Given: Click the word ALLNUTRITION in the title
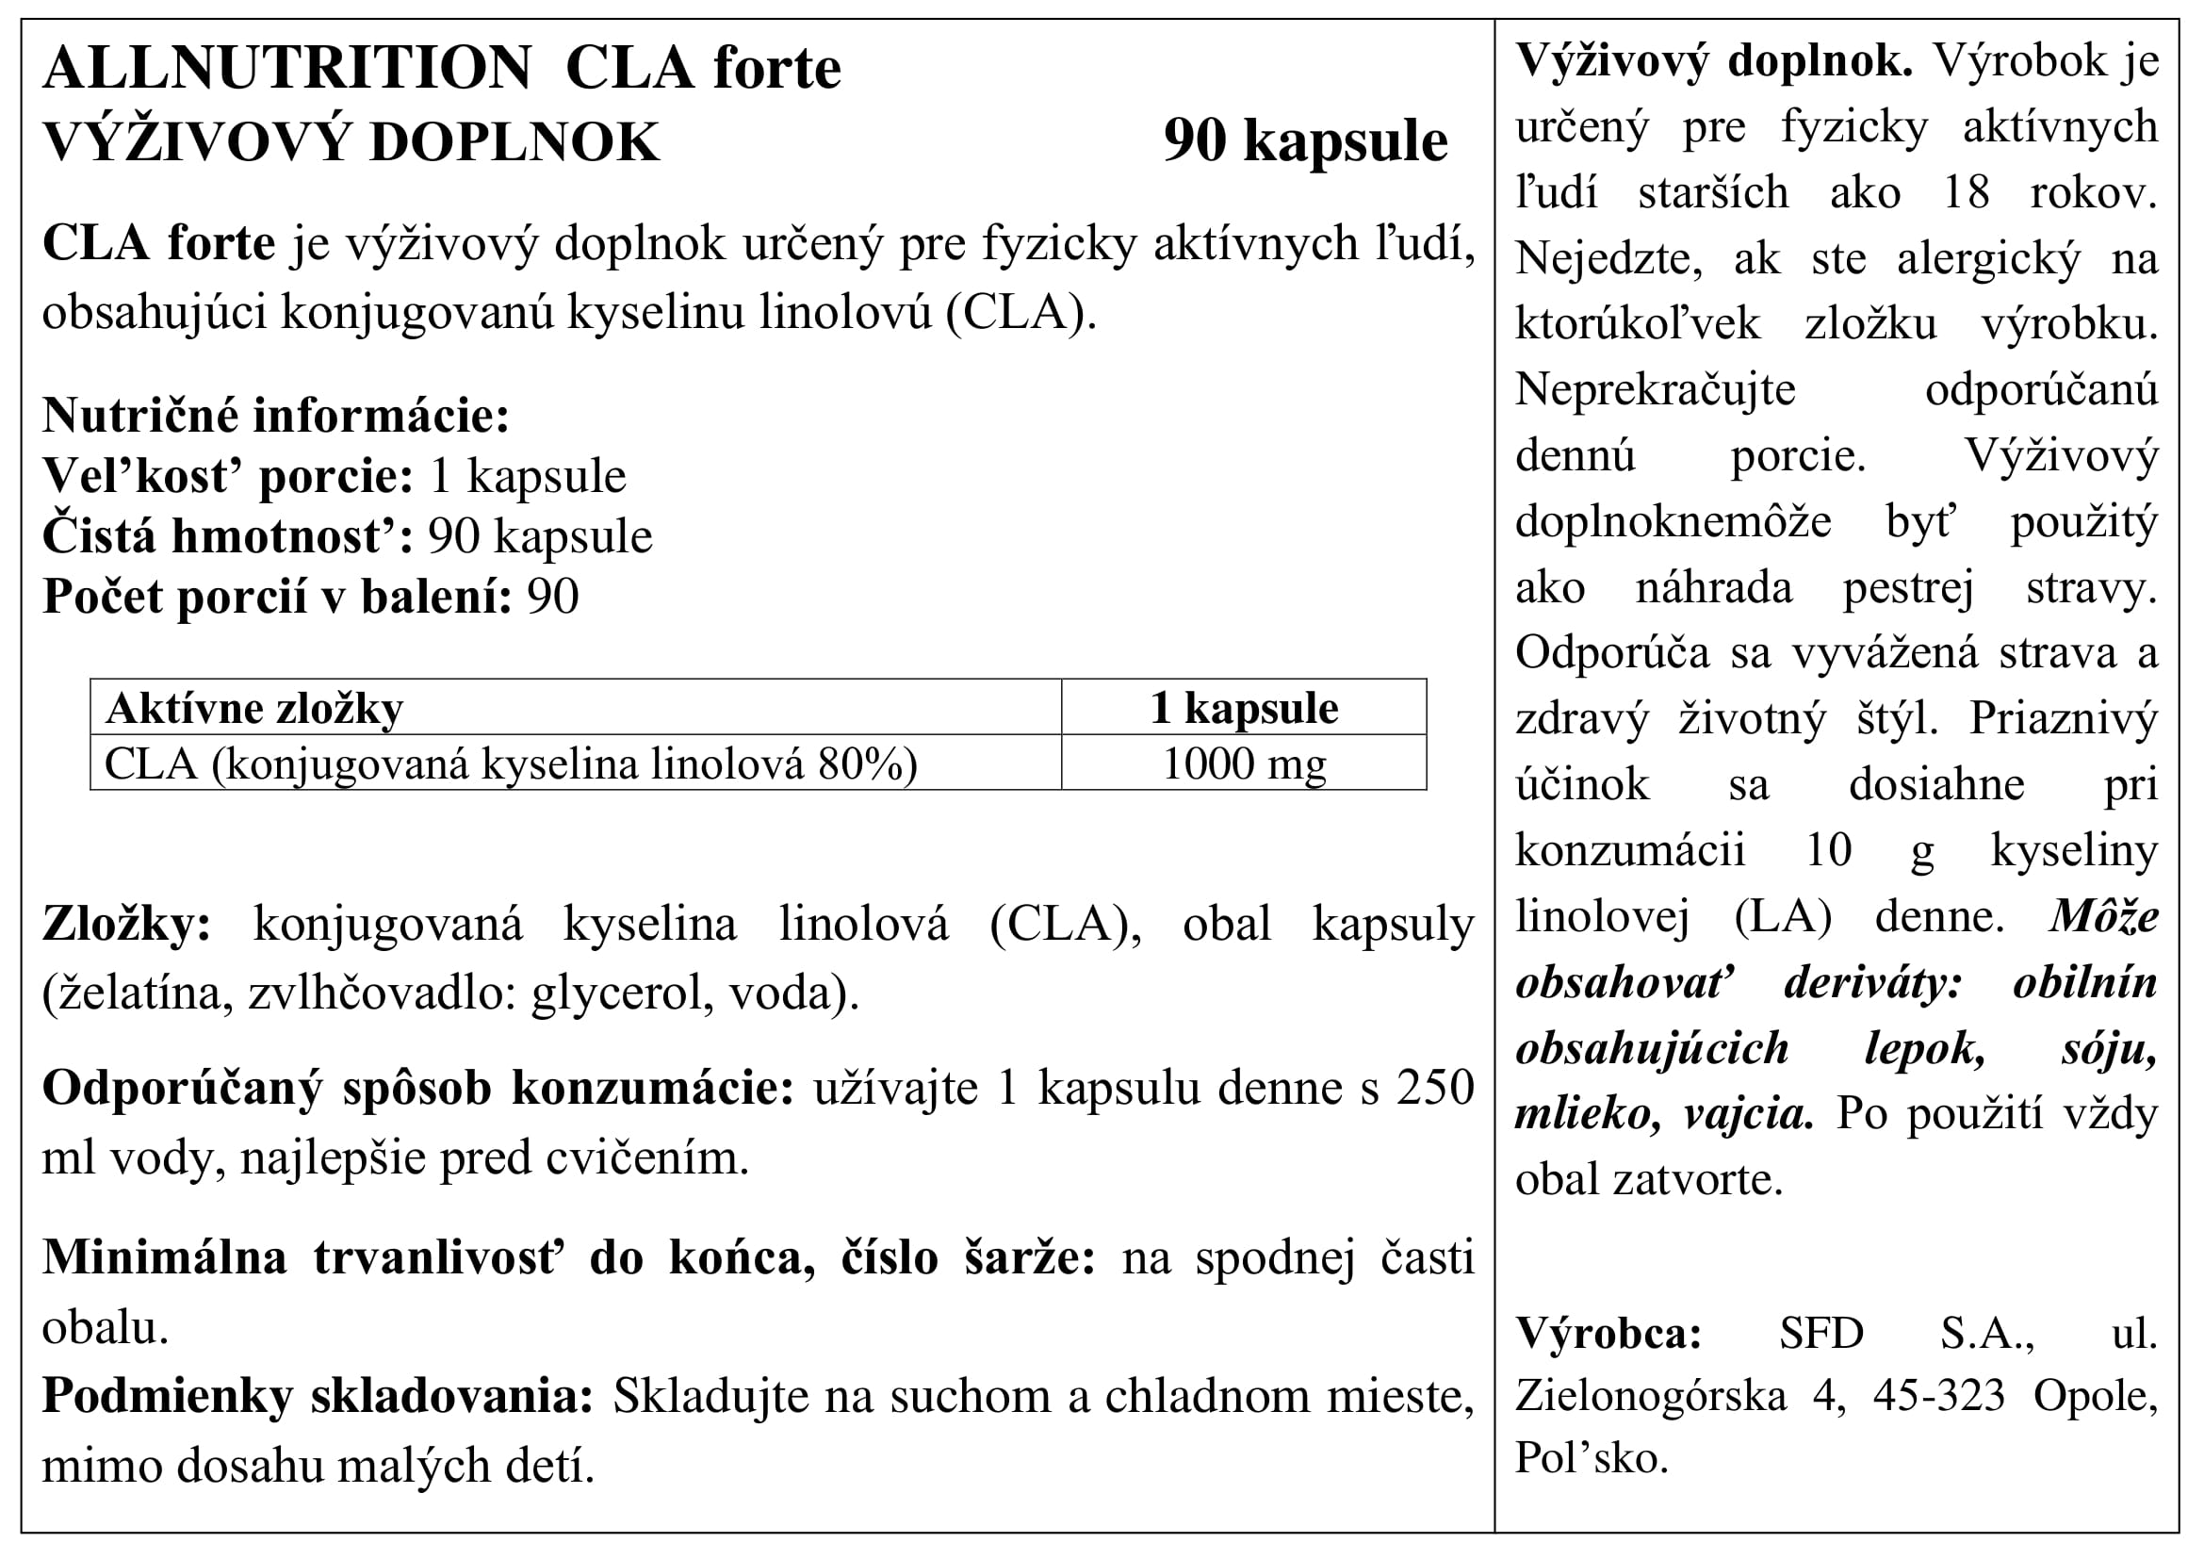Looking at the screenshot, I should coord(286,69).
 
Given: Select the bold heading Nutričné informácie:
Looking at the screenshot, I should coord(275,416).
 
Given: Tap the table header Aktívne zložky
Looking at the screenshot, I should coord(254,710).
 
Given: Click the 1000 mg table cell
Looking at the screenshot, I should coord(1243,765).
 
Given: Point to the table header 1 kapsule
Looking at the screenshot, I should coord(1243,710).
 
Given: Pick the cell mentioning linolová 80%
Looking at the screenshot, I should coord(511,765).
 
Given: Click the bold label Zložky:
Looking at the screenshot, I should coord(126,926).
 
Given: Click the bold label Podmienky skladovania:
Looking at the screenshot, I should coord(318,1398).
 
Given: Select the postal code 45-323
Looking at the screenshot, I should coord(1938,1397).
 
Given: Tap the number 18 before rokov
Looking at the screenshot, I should coord(1965,193).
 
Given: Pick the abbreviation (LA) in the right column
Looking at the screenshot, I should coord(1783,918).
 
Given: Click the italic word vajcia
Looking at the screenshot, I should coord(1748,1114).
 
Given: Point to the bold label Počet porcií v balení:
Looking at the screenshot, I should coord(276,597).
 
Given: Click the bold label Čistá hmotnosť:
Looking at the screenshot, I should coord(227,536).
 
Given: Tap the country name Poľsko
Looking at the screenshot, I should coord(1592,1459).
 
